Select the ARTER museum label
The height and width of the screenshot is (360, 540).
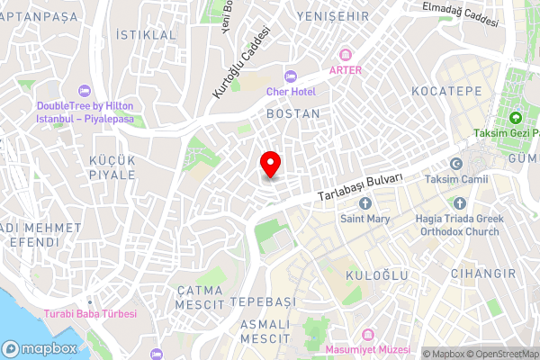(346, 69)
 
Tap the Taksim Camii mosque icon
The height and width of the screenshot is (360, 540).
(456, 164)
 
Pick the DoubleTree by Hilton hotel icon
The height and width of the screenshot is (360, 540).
(85, 90)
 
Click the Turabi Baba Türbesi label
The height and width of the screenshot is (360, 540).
(90, 314)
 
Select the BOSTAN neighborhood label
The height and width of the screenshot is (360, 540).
(293, 114)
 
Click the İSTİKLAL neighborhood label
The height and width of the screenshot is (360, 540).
(147, 34)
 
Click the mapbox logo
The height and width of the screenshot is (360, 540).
(38, 348)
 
